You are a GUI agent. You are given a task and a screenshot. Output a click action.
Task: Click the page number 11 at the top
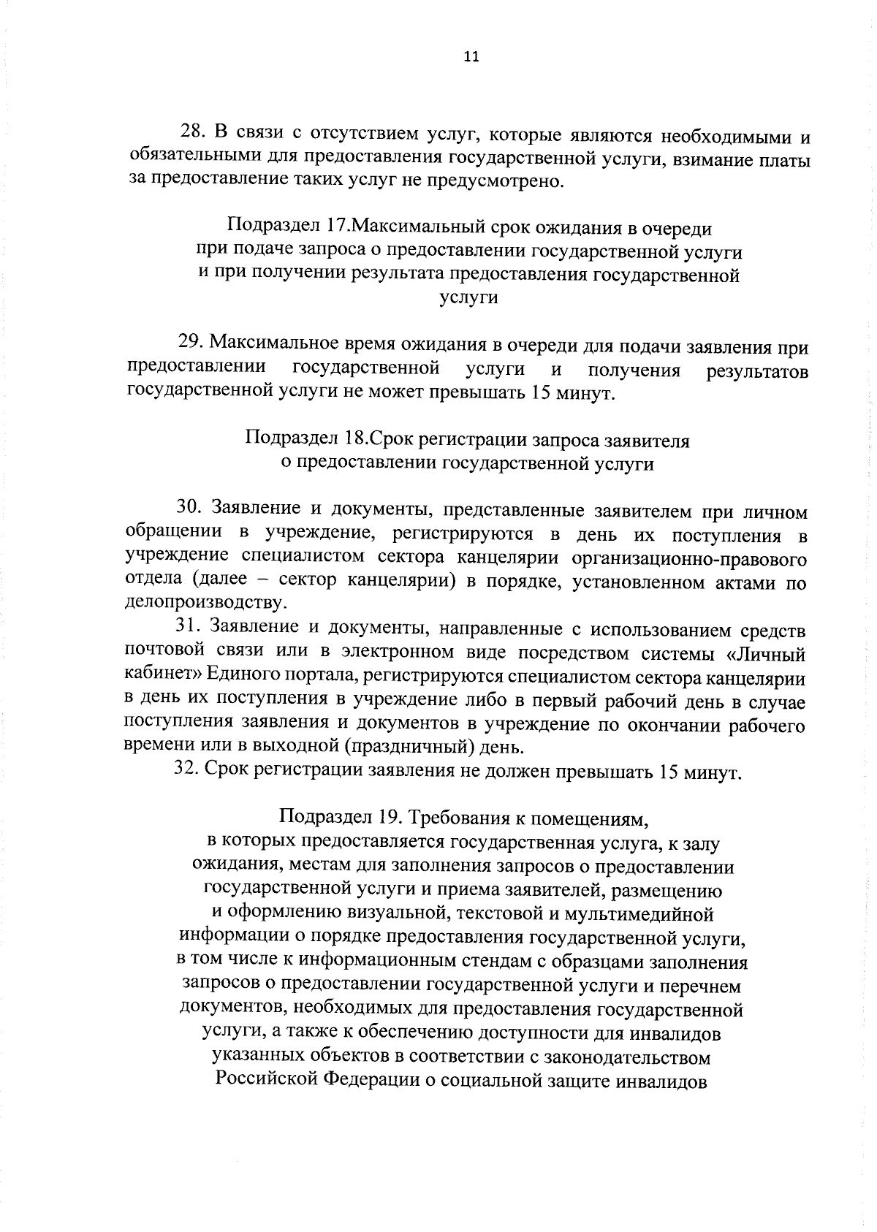[x=471, y=58]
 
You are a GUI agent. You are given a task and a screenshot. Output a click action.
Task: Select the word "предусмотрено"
[x=504, y=180]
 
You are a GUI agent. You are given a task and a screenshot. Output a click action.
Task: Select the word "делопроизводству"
[x=202, y=604]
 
